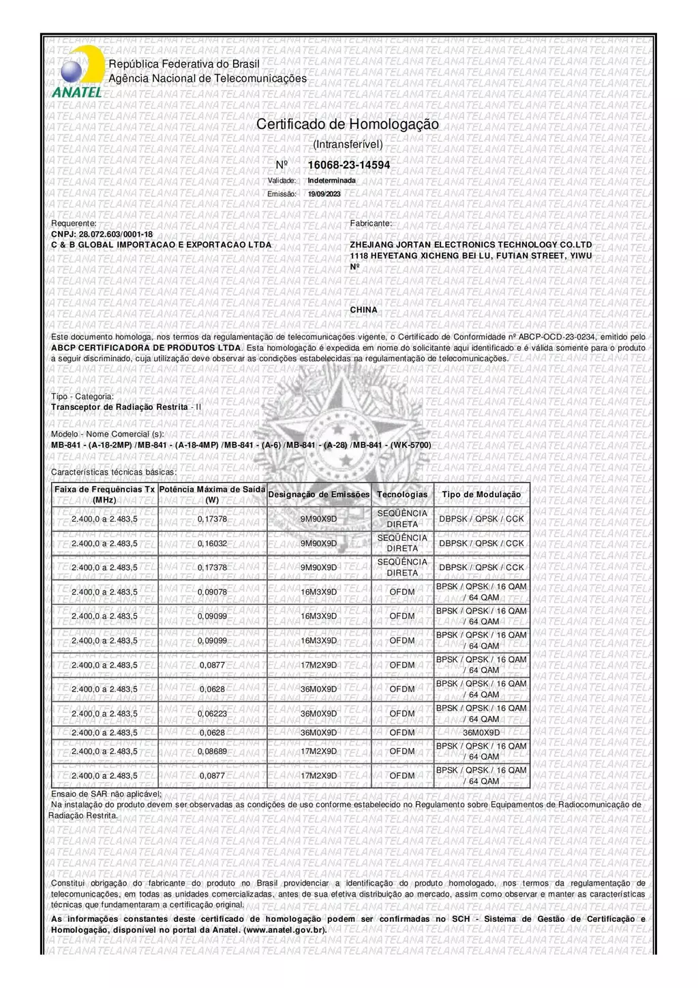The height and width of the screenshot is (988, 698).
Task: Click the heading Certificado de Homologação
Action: [348, 125]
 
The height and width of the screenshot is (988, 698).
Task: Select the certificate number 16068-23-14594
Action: [349, 165]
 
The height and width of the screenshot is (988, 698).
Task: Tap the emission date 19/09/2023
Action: [324, 194]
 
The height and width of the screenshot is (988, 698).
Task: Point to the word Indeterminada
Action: [332, 181]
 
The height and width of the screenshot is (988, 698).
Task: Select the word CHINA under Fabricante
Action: [364, 310]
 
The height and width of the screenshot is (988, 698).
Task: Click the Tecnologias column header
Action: [402, 495]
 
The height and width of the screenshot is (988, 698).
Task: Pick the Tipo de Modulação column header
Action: [481, 495]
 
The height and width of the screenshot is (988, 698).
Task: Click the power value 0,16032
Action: [212, 543]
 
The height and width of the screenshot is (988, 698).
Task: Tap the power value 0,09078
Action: [212, 592]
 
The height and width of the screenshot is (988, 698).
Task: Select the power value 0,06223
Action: [212, 714]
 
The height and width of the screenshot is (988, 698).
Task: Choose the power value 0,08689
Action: [212, 751]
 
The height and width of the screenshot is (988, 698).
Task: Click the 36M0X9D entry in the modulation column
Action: [481, 733]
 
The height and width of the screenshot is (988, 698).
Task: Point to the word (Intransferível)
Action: [348, 145]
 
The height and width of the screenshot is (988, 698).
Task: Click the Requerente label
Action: [74, 224]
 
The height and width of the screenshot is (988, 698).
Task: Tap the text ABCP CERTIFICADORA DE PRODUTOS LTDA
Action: [146, 348]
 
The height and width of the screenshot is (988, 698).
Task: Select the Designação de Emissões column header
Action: [319, 495]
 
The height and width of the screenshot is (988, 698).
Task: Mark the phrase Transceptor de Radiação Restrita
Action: [119, 407]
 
